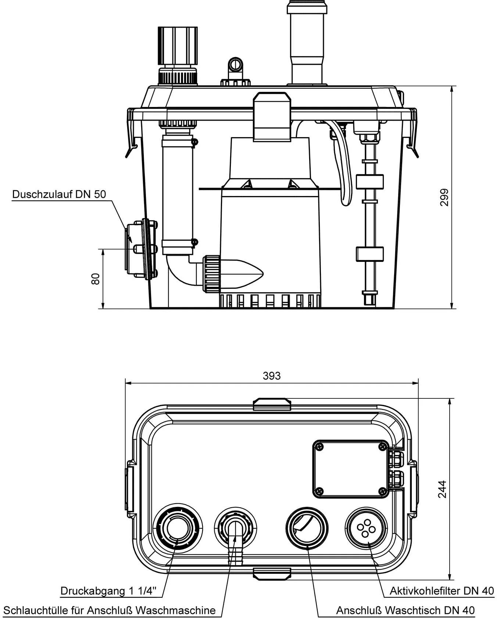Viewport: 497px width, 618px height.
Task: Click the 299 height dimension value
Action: point(444,197)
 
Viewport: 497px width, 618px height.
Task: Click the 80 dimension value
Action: point(96,278)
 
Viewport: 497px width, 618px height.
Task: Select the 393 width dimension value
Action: point(272,376)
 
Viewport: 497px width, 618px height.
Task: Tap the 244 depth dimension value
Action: point(442,489)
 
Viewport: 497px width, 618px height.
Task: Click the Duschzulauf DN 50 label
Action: point(59,194)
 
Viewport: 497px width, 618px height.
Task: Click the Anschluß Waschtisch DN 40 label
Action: point(405,610)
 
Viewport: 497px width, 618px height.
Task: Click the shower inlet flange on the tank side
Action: point(142,249)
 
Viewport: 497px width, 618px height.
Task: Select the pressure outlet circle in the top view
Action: point(177,528)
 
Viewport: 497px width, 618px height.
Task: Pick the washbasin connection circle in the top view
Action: point(307,528)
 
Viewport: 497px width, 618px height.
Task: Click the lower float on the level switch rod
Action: point(369,254)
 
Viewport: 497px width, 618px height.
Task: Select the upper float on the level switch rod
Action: point(369,182)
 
